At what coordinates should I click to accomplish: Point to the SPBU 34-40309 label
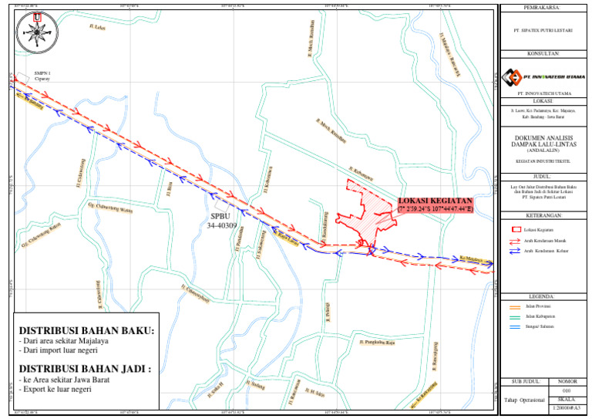tap(221, 221)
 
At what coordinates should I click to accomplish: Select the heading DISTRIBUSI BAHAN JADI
tap(85, 369)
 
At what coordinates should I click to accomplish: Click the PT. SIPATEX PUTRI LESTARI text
tap(544, 32)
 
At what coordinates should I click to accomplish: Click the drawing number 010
tap(567, 390)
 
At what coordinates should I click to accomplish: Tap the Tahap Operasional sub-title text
tap(524, 400)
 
